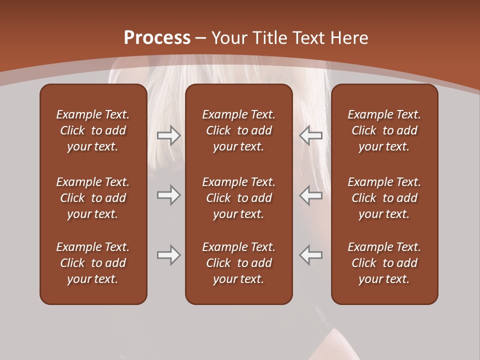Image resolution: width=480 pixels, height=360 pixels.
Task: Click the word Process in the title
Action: pyautogui.click(x=157, y=38)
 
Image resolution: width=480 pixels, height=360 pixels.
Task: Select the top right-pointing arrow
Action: pyautogui.click(x=168, y=135)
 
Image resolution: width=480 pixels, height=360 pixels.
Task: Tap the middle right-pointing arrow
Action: pyautogui.click(x=168, y=195)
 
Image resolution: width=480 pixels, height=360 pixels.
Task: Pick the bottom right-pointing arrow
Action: pyautogui.click(x=168, y=255)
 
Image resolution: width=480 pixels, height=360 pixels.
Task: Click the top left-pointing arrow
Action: pyautogui.click(x=311, y=135)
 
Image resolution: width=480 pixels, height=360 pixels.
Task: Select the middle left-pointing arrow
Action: pyautogui.click(x=311, y=195)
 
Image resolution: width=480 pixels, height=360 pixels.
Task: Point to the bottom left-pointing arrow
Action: pyautogui.click(x=311, y=255)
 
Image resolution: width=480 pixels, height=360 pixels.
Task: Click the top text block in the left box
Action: pyautogui.click(x=93, y=130)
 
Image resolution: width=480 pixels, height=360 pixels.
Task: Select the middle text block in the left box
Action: pyautogui.click(x=93, y=198)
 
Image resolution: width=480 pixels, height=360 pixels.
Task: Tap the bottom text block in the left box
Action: pyautogui.click(x=93, y=263)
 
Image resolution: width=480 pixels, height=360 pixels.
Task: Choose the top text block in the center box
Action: pyautogui.click(x=239, y=130)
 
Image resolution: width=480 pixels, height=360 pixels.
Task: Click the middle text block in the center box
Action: pyautogui.click(x=239, y=198)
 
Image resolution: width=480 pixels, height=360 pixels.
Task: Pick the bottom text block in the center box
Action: pyautogui.click(x=239, y=263)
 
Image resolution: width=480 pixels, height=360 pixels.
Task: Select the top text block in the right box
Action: pyautogui.click(x=384, y=130)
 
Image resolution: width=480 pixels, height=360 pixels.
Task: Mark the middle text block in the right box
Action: pyautogui.click(x=384, y=198)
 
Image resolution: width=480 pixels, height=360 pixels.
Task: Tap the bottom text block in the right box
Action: pyautogui.click(x=384, y=263)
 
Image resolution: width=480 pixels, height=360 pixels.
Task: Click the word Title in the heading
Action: pyautogui.click(x=270, y=38)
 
